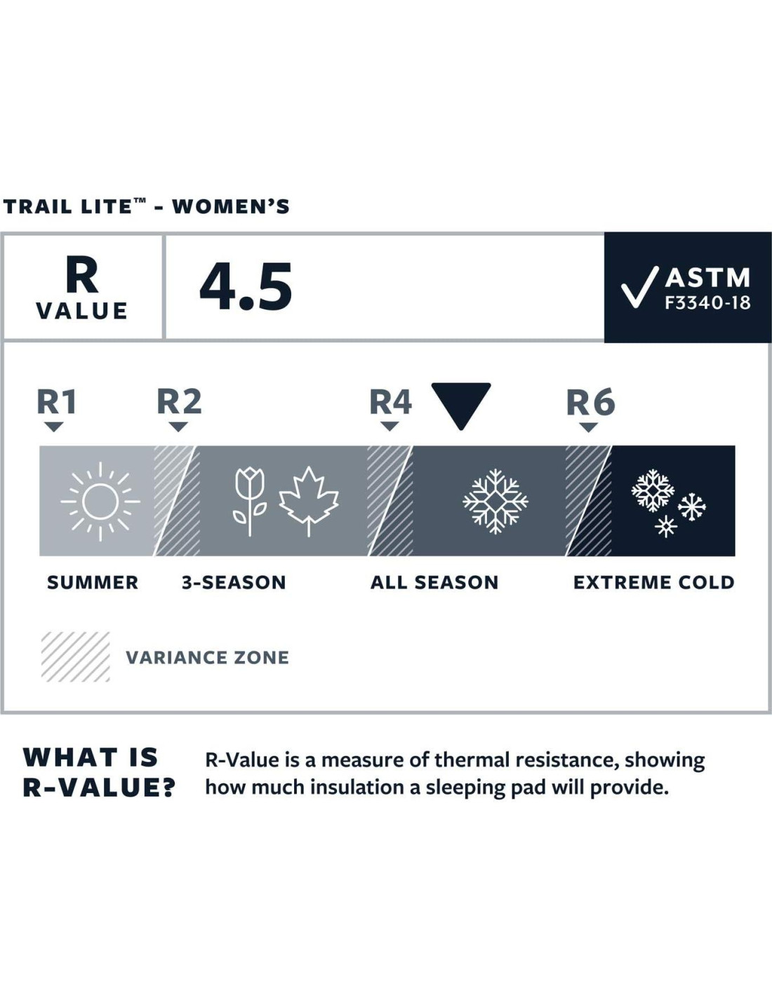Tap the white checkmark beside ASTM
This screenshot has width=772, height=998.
[x=639, y=286]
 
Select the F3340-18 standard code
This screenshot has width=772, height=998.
[x=707, y=302]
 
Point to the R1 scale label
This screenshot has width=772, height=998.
[x=56, y=401]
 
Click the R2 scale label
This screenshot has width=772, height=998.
[x=179, y=401]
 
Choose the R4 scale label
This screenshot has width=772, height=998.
[x=390, y=401]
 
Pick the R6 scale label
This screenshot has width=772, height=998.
[x=591, y=401]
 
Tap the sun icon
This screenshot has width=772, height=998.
[x=100, y=502]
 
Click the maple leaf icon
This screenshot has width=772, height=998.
[x=309, y=502]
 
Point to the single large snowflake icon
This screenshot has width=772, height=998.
[x=495, y=502]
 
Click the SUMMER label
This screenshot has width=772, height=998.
[x=93, y=583]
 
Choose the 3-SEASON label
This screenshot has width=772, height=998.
[x=234, y=583]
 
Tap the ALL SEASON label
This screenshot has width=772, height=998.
[x=434, y=583]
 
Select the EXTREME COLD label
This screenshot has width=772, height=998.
[x=654, y=583]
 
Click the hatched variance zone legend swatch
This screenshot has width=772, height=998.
[x=75, y=657]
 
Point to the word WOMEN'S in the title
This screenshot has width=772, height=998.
[x=231, y=206]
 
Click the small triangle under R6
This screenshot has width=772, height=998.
[x=588, y=427]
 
